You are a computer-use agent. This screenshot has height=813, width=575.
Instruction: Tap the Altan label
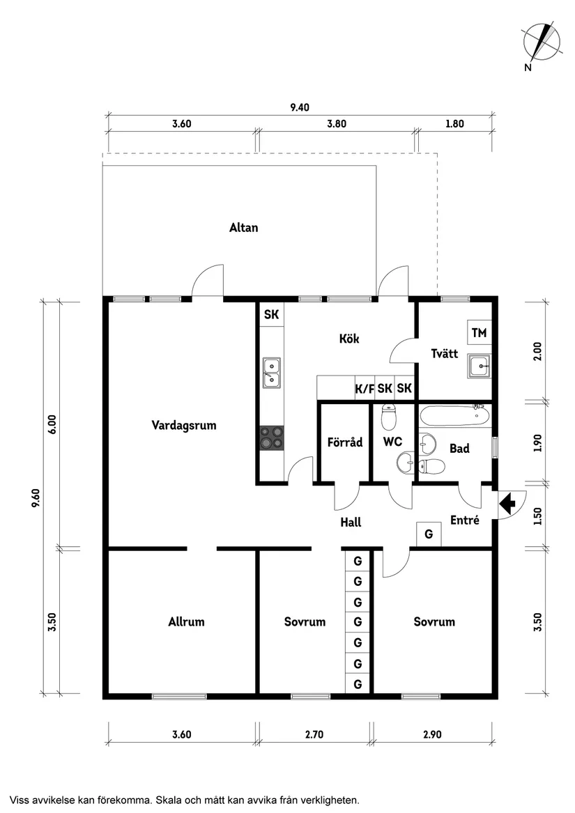click(243, 227)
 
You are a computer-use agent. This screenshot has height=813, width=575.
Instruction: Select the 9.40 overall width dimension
click(300, 107)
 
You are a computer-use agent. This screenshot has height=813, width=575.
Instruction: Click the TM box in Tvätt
click(479, 333)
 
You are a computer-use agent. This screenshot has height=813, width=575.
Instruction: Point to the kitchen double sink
click(271, 372)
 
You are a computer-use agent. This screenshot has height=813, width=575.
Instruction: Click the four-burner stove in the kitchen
click(272, 439)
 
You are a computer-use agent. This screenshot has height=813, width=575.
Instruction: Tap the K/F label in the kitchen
click(365, 388)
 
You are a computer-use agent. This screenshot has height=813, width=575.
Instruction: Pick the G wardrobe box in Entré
click(428, 534)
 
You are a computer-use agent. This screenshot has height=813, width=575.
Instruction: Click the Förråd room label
click(345, 442)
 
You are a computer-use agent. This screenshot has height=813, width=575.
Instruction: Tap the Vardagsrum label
click(184, 425)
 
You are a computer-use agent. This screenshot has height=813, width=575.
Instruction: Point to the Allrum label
click(186, 621)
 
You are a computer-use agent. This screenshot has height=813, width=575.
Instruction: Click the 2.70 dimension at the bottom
click(315, 734)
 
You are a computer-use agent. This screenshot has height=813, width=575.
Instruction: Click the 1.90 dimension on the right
click(537, 443)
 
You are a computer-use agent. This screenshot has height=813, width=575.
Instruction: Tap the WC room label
click(393, 442)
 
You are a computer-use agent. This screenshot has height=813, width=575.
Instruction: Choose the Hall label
click(351, 522)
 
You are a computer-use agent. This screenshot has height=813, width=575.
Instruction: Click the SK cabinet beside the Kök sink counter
click(271, 315)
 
